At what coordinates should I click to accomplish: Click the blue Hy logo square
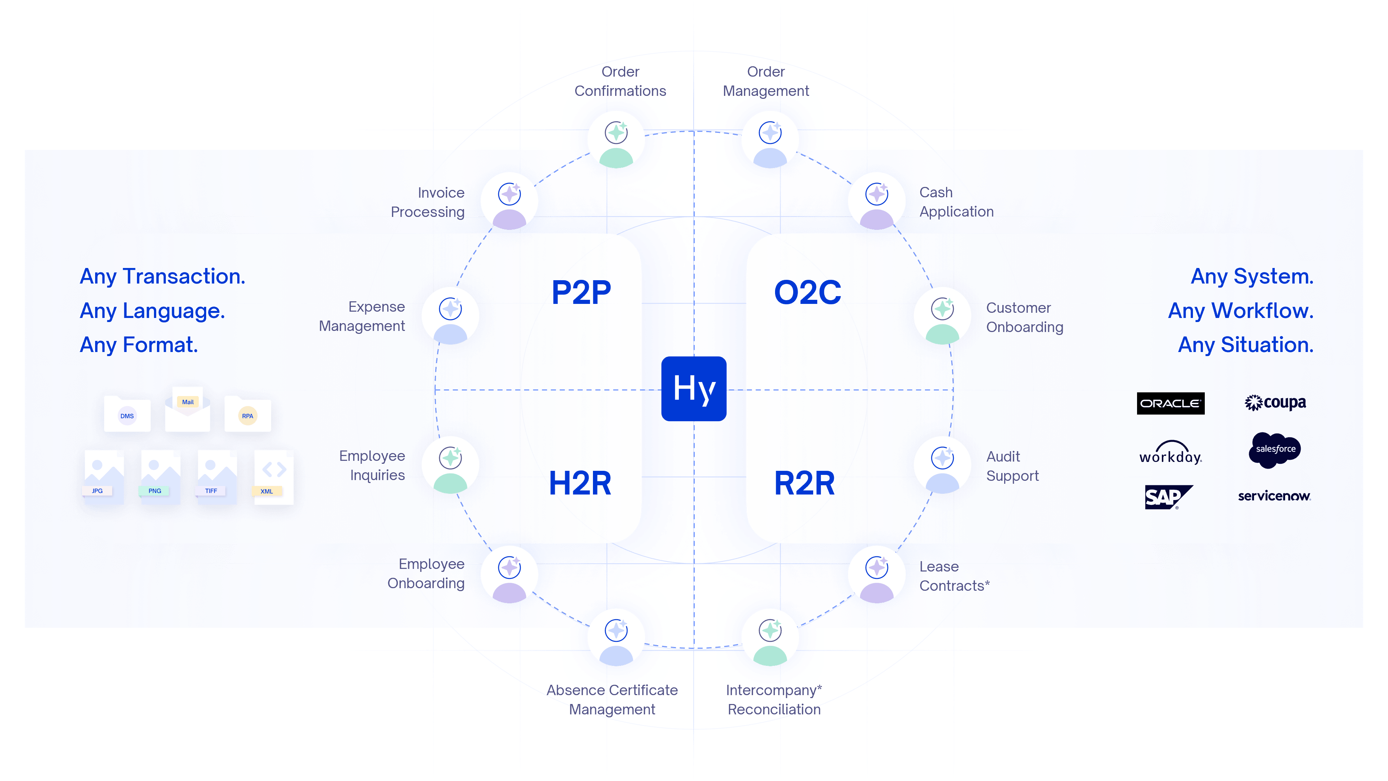(x=694, y=389)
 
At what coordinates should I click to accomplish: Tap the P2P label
(x=581, y=293)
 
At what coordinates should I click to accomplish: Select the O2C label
(x=807, y=293)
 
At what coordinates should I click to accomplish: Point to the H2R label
(x=580, y=483)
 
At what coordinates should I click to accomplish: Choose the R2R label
(x=804, y=483)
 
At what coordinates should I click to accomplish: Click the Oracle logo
(x=1170, y=403)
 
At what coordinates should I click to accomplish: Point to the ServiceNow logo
(x=1274, y=496)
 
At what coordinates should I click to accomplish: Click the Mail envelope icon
(x=188, y=411)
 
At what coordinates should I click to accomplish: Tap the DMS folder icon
(x=127, y=414)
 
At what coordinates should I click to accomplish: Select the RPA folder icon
(x=247, y=414)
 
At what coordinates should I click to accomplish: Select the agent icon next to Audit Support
(x=942, y=465)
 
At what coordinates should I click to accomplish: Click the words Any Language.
(x=152, y=311)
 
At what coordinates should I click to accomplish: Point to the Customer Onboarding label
(x=1024, y=318)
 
